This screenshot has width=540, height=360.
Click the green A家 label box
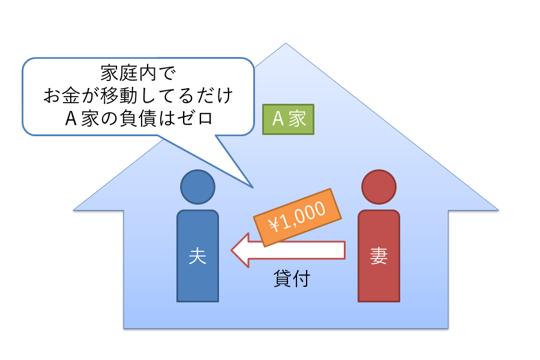click(x=288, y=119)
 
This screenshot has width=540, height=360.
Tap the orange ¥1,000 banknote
click(x=298, y=217)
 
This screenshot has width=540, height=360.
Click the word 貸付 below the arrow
click(x=291, y=279)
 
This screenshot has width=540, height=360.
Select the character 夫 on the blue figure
click(x=197, y=257)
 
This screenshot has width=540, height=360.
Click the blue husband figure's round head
click(x=197, y=187)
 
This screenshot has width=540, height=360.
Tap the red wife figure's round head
click(x=379, y=187)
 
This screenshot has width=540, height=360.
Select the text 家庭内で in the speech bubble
click(x=138, y=74)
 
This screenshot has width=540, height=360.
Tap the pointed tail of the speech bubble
click(x=251, y=184)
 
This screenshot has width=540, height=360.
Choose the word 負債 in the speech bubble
click(x=140, y=118)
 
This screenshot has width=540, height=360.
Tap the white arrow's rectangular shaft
click(x=300, y=250)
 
